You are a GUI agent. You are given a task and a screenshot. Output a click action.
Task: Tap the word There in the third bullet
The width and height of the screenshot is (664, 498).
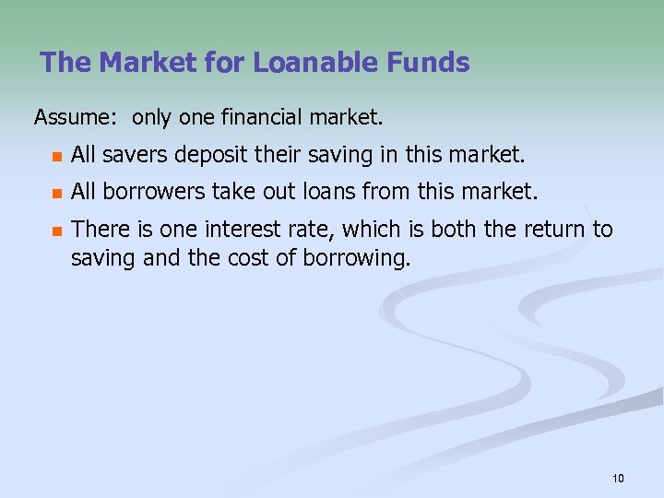point(96,230)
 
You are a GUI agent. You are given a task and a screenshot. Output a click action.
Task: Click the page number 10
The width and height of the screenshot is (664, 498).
point(618,478)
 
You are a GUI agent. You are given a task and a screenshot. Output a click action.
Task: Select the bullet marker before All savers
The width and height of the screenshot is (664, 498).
point(56,156)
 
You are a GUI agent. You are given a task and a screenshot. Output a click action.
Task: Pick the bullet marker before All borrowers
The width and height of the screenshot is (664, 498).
point(56,194)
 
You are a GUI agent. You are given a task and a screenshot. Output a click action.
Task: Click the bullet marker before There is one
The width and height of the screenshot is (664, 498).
point(56,231)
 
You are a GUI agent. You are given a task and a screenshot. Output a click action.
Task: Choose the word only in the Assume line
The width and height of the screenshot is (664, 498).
point(150,118)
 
